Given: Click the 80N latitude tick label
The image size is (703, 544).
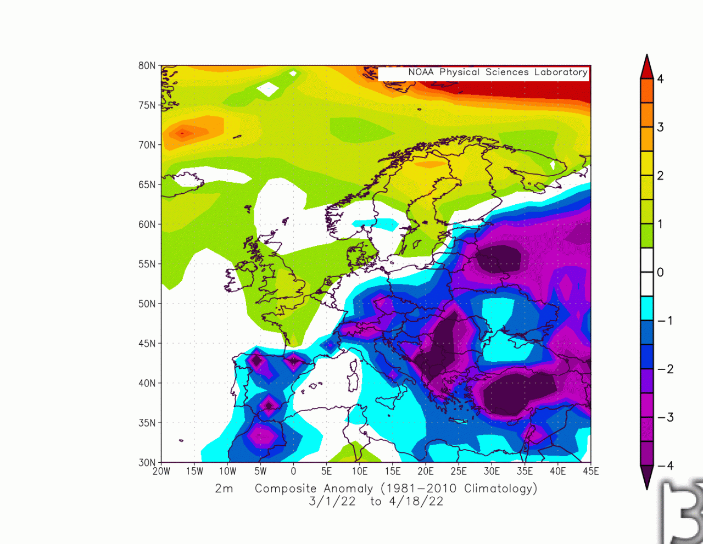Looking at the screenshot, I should coord(147,66).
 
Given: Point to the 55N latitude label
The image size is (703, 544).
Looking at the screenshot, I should coord(147,264).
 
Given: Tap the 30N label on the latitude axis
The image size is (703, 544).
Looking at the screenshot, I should coord(147,463).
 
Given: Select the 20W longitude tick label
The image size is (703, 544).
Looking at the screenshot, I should coord(161,472).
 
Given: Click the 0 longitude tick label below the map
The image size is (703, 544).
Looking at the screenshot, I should coord(293,472).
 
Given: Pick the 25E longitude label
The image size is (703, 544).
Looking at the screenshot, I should coord(459,472).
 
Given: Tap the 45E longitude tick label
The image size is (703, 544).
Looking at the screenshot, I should coord(590,472).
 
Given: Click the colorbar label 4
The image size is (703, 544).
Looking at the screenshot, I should coord(660,79).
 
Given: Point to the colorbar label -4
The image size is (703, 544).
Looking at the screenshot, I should coord(665,466).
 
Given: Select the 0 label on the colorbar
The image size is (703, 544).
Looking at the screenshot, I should coord(660,272).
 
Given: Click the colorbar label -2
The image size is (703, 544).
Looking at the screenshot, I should coord(665,369).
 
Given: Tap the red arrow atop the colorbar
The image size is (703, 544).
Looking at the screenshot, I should coord(647,68).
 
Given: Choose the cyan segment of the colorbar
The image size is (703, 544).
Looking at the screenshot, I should coord(647,309).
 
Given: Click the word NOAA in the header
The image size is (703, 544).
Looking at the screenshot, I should coord(421,72).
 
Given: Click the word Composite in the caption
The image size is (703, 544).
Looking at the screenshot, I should coord(286,489).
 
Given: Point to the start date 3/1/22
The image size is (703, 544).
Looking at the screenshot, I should coord(332,501).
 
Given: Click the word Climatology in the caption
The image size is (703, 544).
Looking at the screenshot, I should coord(500,489).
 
